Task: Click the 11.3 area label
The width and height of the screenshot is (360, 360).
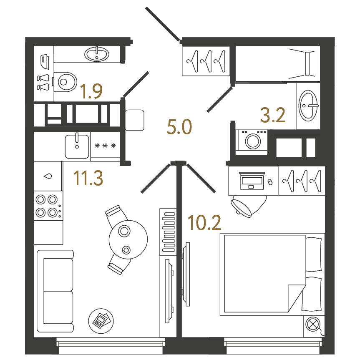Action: pyautogui.click(x=88, y=178)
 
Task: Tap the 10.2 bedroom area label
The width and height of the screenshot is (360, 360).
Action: pyautogui.click(x=204, y=222)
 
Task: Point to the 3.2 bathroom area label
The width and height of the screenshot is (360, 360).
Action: pyautogui.click(x=273, y=115)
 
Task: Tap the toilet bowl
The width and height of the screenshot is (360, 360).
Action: pyautogui.click(x=65, y=82)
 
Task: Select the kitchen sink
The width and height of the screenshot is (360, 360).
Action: pyautogui.click(x=77, y=146)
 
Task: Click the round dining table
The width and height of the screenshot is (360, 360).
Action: pyautogui.click(x=128, y=239)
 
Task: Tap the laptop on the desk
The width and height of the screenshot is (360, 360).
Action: pyautogui.click(x=252, y=181)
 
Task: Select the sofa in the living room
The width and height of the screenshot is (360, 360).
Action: pyautogui.click(x=55, y=291)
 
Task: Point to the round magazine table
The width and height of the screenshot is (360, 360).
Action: pyautogui.click(x=101, y=321)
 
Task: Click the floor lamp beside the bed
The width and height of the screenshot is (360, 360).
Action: pyautogui.click(x=313, y=325)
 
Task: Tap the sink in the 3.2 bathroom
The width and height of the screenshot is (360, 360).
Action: pyautogui.click(x=308, y=106)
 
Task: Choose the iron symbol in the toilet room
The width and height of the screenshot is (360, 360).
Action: pyautogui.click(x=45, y=62)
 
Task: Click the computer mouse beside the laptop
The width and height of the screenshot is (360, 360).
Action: pyautogui.click(x=270, y=182)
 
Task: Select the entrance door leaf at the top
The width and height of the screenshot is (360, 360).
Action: pyautogui.click(x=163, y=24)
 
